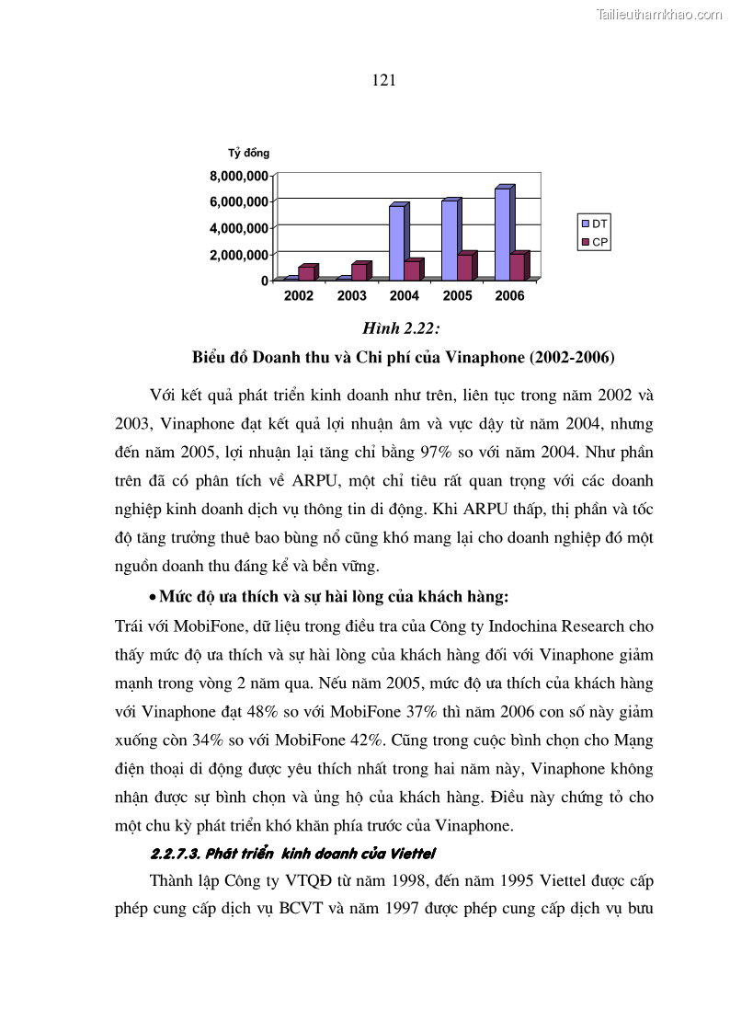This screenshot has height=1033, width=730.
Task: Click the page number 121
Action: point(384,81)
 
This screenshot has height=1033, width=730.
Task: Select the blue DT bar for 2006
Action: point(502,234)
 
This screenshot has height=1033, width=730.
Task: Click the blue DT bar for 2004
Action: point(396,243)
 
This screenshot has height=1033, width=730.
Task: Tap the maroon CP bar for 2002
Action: point(305,273)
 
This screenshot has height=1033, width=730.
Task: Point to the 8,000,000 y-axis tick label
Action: point(238,176)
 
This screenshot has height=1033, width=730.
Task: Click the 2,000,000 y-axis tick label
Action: point(238,255)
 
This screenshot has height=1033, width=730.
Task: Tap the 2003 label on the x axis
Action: point(351,296)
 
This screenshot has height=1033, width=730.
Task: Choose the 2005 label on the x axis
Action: point(457,296)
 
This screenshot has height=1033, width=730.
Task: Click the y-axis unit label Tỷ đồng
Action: point(248,153)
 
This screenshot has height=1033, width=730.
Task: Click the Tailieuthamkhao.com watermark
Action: point(659,14)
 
